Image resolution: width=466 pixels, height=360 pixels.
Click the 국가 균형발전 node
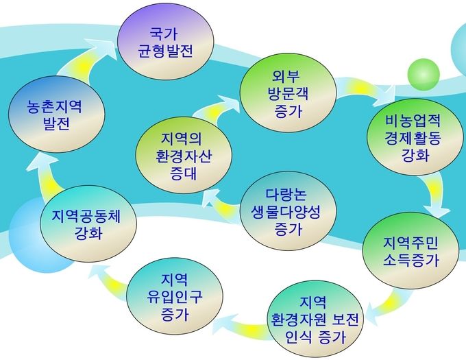tap(166, 42)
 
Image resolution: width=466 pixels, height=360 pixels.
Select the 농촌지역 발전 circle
tap(56, 115)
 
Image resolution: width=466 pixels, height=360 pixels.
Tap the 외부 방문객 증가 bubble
tap(289, 93)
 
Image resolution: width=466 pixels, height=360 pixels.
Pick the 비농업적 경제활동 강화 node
tap(413, 137)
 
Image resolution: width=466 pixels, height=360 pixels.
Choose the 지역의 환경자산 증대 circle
tap(184, 155)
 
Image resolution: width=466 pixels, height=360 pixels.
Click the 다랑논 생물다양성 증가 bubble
tap(288, 211)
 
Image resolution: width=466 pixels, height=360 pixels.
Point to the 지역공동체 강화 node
tap(88, 224)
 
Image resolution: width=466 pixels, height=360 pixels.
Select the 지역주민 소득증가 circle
tap(410, 251)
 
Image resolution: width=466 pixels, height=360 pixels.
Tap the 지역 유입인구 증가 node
tap(175, 296)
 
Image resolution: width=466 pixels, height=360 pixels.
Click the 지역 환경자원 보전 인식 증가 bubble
tap(315, 319)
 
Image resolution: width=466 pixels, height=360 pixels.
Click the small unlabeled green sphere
tap(424, 75)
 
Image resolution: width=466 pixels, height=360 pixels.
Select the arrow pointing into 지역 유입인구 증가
tap(244, 326)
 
